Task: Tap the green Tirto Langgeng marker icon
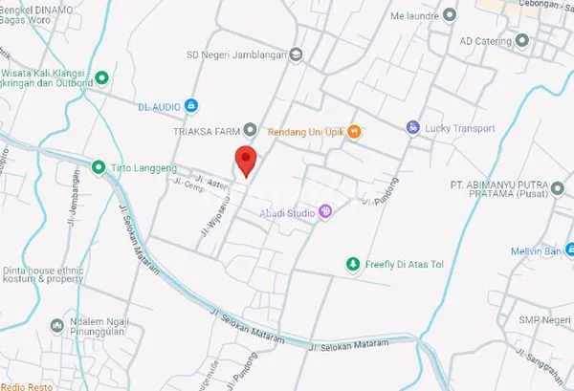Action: point(98,167)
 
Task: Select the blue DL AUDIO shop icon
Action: point(190,104)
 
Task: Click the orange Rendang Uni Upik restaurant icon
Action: point(354,131)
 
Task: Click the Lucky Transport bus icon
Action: point(412,127)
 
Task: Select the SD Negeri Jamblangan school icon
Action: point(296,54)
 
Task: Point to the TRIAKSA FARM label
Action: point(207,130)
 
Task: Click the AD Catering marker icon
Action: point(521,40)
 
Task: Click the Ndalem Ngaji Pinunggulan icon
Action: point(55,326)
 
